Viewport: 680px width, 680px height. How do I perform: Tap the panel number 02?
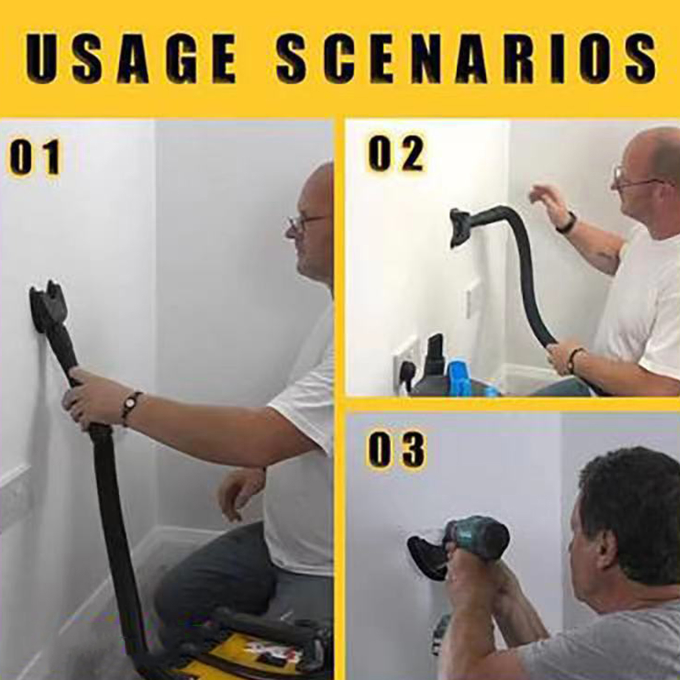[x=396, y=154]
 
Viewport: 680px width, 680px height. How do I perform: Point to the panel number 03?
[x=396, y=451]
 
